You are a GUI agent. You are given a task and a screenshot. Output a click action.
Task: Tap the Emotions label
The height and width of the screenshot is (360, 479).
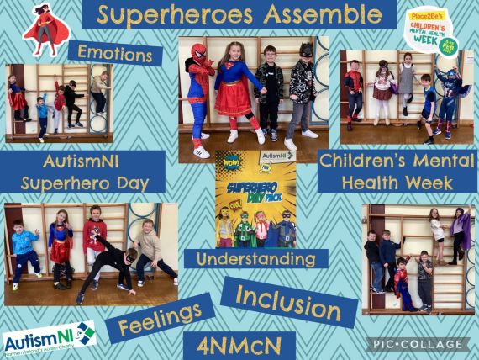(x=115, y=53)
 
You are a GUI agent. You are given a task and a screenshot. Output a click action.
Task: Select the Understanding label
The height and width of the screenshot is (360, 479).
(x=255, y=259)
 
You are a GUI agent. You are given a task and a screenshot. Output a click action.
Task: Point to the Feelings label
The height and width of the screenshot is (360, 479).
(x=159, y=320)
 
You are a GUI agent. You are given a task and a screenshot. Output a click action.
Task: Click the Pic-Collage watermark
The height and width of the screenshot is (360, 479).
(x=417, y=344)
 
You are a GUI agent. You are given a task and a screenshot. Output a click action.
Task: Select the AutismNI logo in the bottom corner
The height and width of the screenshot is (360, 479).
(x=48, y=339)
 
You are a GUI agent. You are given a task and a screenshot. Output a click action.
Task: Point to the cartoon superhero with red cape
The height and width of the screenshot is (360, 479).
(x=46, y=28)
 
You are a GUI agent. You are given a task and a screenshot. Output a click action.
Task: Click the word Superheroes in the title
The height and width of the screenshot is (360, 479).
(x=174, y=14)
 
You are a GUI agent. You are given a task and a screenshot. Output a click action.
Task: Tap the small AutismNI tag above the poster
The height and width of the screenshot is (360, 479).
(x=278, y=156)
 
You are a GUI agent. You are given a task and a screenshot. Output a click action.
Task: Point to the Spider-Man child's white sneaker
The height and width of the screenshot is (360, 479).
(x=201, y=152)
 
